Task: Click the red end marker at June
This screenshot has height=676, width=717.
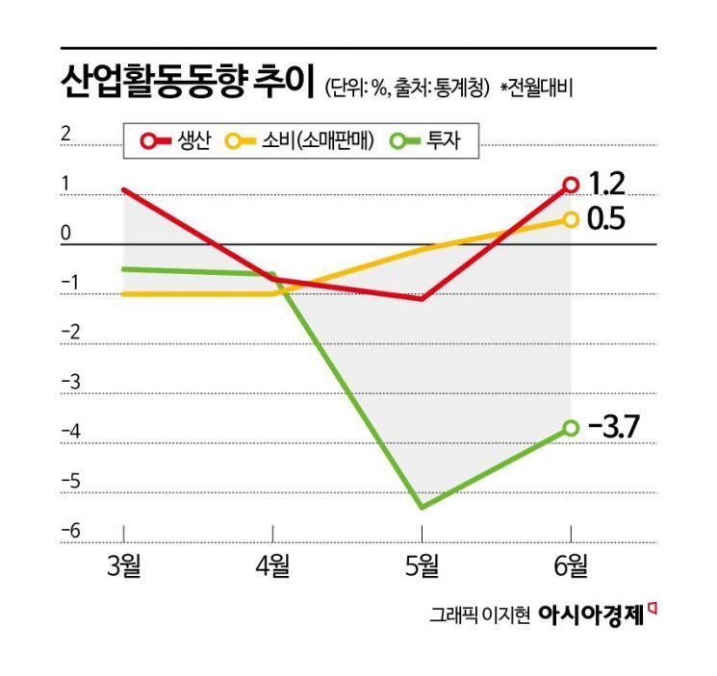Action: coord(571,185)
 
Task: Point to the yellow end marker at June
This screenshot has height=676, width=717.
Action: coord(571,219)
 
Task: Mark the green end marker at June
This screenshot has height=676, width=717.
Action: coord(571,427)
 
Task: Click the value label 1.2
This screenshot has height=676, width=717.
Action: coord(606,182)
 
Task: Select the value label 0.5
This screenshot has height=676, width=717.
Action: coord(606,219)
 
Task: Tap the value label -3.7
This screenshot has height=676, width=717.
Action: coord(613,426)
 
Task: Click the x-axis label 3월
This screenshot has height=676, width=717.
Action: coord(122,565)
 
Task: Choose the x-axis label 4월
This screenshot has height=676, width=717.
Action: coord(273,565)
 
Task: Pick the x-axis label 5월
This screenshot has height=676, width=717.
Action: coord(423,565)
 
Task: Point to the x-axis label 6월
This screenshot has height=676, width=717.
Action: coord(572,565)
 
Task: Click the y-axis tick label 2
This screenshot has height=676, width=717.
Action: coord(66,135)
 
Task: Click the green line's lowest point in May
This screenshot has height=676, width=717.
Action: coord(423,508)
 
